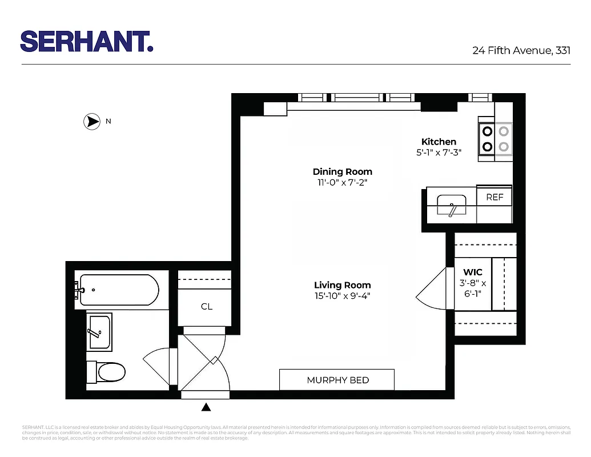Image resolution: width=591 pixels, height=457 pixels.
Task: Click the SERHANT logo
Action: pos(87,41)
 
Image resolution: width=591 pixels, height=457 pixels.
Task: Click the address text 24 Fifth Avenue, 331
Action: pos(521,50)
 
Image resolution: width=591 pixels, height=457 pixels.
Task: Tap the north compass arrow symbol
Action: pos(91,121)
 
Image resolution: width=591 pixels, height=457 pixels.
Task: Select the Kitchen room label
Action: pos(439,142)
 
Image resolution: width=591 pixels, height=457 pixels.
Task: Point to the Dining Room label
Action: pos(342,171)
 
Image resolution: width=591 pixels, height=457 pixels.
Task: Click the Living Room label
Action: pos(342,285)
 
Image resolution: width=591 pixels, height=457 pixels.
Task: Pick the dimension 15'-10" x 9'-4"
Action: pos(342,296)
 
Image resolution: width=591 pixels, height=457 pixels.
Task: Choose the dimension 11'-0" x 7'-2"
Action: pos(342,182)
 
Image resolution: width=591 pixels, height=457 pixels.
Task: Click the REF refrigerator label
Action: pos(494,197)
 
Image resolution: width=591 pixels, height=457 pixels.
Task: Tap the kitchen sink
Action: pos(452,205)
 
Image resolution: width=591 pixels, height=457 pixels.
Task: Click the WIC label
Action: pos(473,272)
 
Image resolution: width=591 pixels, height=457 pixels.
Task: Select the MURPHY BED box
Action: pos(337,380)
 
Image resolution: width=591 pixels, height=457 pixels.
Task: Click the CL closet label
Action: pos(207,307)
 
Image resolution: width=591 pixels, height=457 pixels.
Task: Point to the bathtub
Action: pos(119,290)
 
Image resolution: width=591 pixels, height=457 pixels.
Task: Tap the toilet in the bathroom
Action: pos(108,372)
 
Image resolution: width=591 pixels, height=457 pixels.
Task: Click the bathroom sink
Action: pos(99,331)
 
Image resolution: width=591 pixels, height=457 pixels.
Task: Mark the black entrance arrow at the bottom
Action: pos(206,407)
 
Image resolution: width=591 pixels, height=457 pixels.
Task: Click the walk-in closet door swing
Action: pos(432,289)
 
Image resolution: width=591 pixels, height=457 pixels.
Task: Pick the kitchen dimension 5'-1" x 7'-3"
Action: pos(439,153)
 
